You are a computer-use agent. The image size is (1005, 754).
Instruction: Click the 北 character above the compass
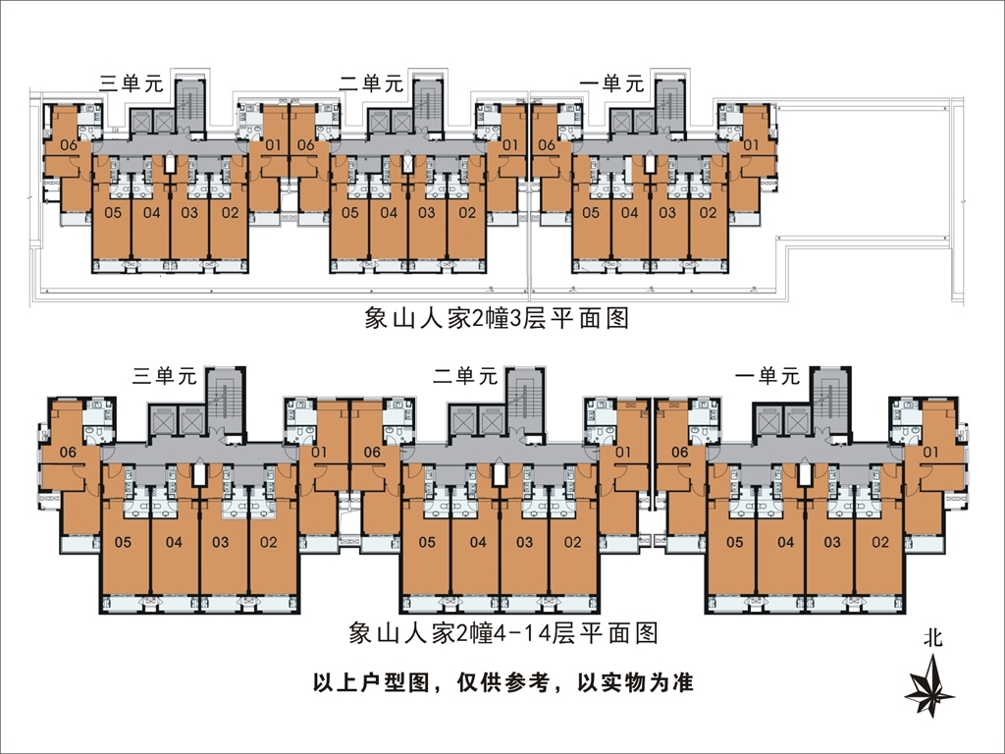tap(931, 637)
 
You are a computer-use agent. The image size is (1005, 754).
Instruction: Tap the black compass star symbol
tap(928, 686)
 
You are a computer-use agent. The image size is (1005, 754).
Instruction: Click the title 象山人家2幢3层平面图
tap(496, 319)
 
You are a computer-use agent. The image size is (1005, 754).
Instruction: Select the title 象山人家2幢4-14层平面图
tap(502, 633)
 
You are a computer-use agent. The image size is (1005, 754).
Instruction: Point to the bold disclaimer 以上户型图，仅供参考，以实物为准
tap(502, 682)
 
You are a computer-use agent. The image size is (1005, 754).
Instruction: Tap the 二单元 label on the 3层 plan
tap(372, 83)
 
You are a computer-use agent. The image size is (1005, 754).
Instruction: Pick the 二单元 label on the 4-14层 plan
tap(466, 375)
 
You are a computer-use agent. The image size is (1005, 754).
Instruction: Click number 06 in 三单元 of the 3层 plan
tap(69, 146)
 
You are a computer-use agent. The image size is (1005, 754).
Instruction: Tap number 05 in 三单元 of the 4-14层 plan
tap(124, 542)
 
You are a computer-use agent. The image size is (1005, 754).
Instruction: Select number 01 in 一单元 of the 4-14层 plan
tap(931, 452)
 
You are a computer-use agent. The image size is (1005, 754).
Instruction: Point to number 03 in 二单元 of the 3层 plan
tap(427, 212)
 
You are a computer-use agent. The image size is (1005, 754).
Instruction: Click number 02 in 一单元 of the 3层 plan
tap(706, 212)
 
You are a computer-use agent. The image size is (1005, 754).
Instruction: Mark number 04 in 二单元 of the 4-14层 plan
tap(477, 542)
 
